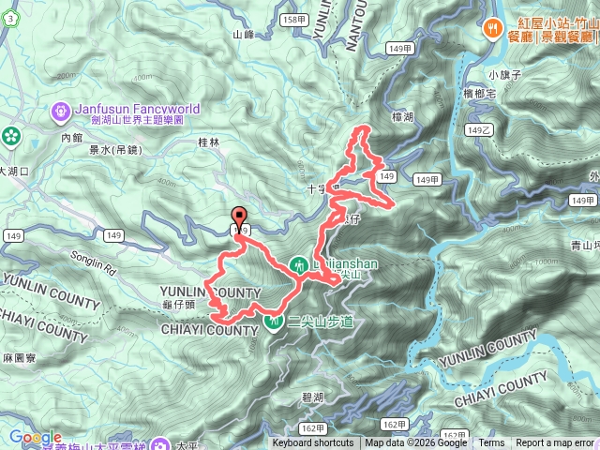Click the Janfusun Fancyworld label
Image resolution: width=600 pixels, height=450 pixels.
coord(136,108)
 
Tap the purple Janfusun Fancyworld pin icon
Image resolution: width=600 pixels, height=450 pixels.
coord(63,110)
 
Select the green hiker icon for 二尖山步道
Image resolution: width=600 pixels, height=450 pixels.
coord(274,321)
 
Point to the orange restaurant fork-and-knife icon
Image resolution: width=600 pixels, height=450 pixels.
coord(491,28)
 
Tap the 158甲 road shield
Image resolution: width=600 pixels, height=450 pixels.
coord(294,19)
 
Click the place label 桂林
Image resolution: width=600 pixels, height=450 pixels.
coord(208,142)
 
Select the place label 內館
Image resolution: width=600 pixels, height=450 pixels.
coord(72,137)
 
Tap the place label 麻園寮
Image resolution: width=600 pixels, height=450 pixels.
coord(19,358)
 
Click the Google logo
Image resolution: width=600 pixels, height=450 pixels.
coord(35,437)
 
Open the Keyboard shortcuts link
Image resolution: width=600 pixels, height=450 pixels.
coord(313,443)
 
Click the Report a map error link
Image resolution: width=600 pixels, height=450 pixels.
coord(555,443)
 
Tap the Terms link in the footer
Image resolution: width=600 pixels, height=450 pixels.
coord(491,443)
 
